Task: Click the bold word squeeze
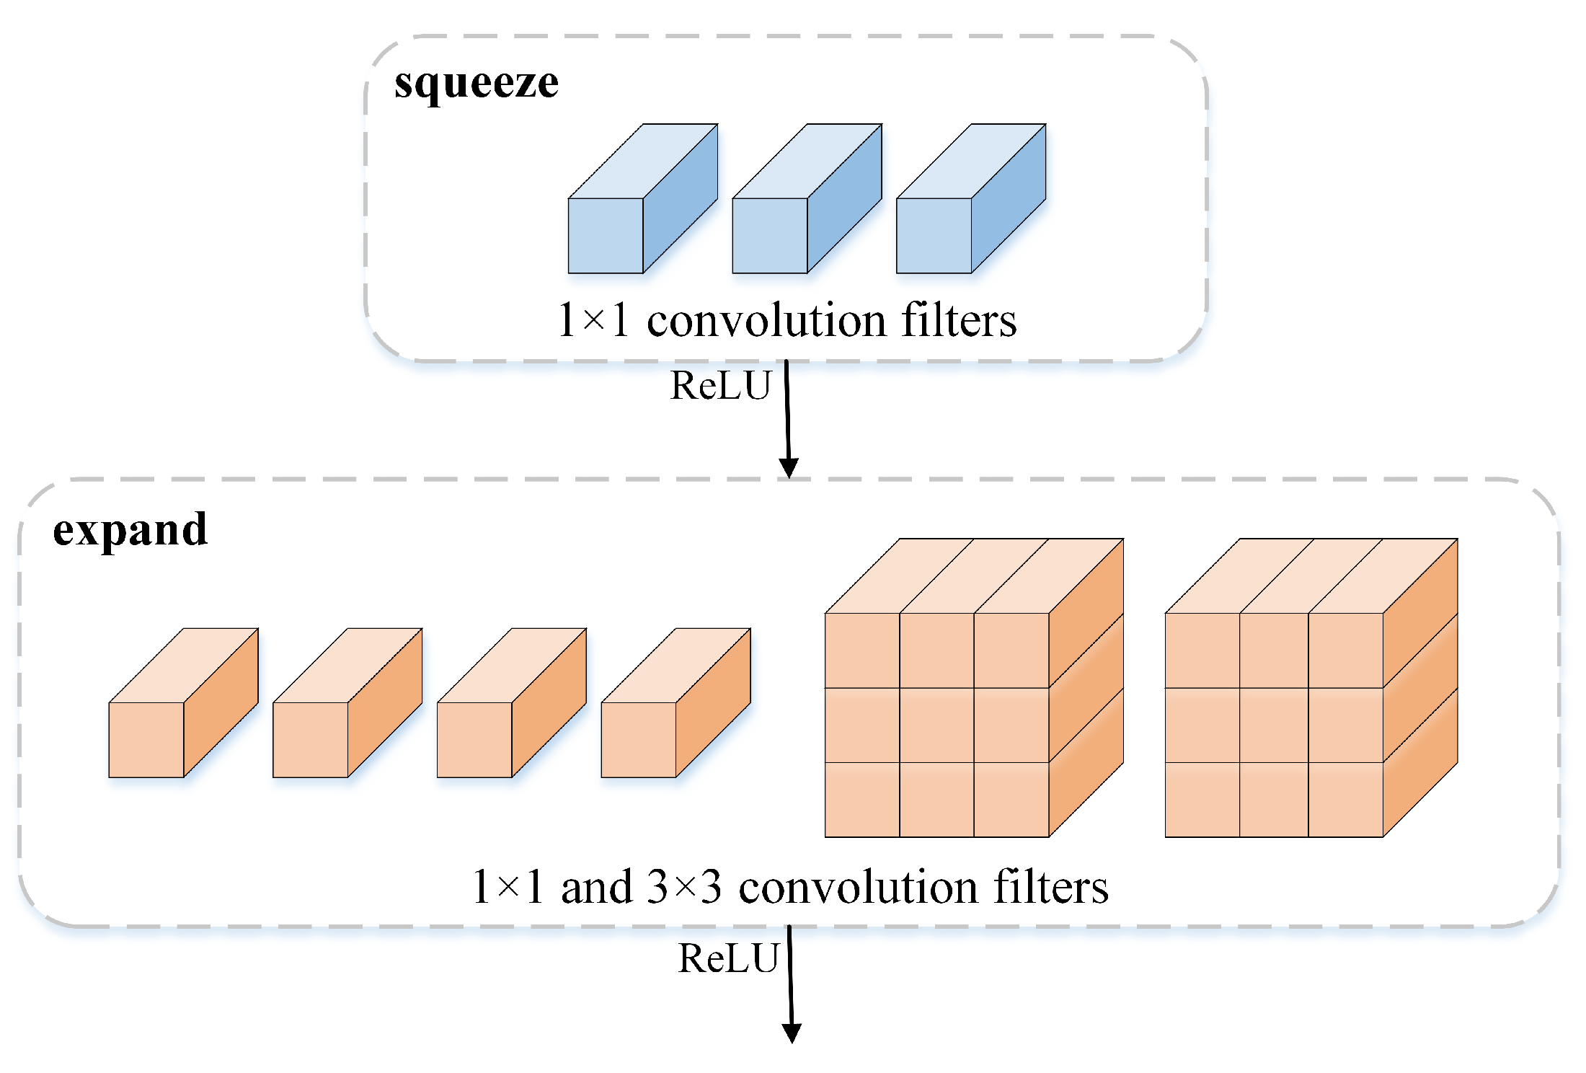pos(476,84)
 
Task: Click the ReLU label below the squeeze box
pos(720,386)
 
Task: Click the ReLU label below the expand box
pos(728,958)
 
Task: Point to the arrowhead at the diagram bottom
pos(792,1033)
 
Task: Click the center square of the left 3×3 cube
pos(936,725)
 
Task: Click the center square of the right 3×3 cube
pos(1274,725)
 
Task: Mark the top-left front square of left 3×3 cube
pos(862,650)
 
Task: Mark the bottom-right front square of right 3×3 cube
pos(1345,799)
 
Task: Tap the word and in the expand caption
pos(596,888)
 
